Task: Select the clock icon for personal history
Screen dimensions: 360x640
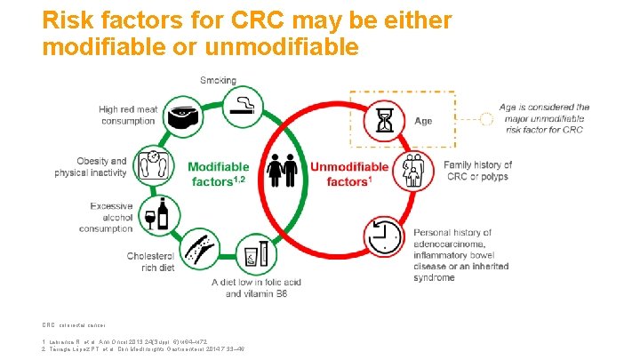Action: coord(384,237)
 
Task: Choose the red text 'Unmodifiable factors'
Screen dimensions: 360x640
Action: coord(349,174)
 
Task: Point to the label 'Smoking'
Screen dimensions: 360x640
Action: coord(218,81)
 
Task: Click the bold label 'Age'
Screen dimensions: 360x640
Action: coord(423,121)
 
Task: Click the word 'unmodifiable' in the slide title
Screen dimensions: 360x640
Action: coord(289,46)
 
